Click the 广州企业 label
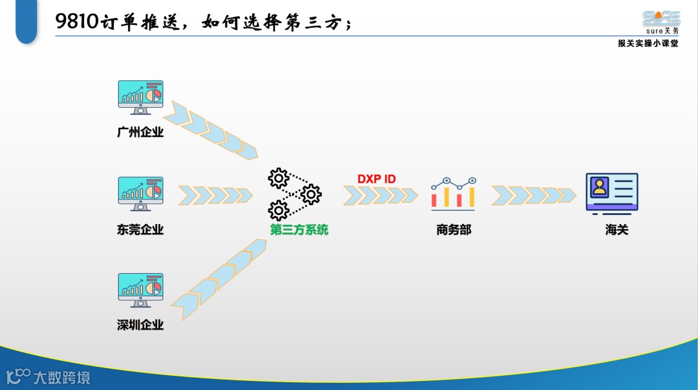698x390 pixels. pos(140,132)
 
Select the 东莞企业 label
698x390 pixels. pos(140,229)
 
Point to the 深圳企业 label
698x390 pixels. pos(140,325)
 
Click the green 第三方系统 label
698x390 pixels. pos(299,229)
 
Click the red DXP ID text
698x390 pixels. pos(377,178)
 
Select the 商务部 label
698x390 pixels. pos(454,229)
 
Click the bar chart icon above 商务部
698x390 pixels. pos(454,192)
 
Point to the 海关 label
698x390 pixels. pos(617,229)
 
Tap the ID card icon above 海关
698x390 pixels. pos(611,192)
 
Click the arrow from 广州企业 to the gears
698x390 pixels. pos(211,131)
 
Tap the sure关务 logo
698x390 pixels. pos(661,22)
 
